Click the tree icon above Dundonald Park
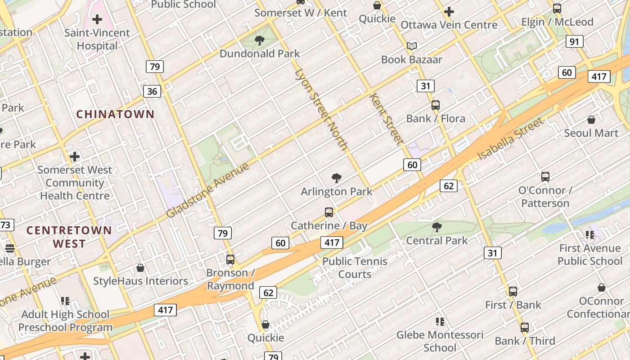pos(260,40)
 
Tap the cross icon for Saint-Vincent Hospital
pos(97,19)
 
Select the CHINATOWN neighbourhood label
pos(115,114)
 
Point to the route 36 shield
pos(152,91)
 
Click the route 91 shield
pos(574,42)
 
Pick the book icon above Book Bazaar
pos(411,46)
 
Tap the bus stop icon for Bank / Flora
pos(435,105)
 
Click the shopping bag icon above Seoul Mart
pos(591,120)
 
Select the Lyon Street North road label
pos(321,110)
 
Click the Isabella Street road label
pos(510,139)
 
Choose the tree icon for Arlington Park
pos(336,178)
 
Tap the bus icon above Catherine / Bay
pos(329,212)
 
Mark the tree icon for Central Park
pos(436,227)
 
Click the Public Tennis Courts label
pos(355,268)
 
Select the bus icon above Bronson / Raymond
pos(230,260)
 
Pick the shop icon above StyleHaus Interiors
pos(140,268)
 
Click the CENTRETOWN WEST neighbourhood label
pos(69,237)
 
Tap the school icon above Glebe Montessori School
pos(440,322)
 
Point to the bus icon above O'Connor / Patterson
pos(545,177)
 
